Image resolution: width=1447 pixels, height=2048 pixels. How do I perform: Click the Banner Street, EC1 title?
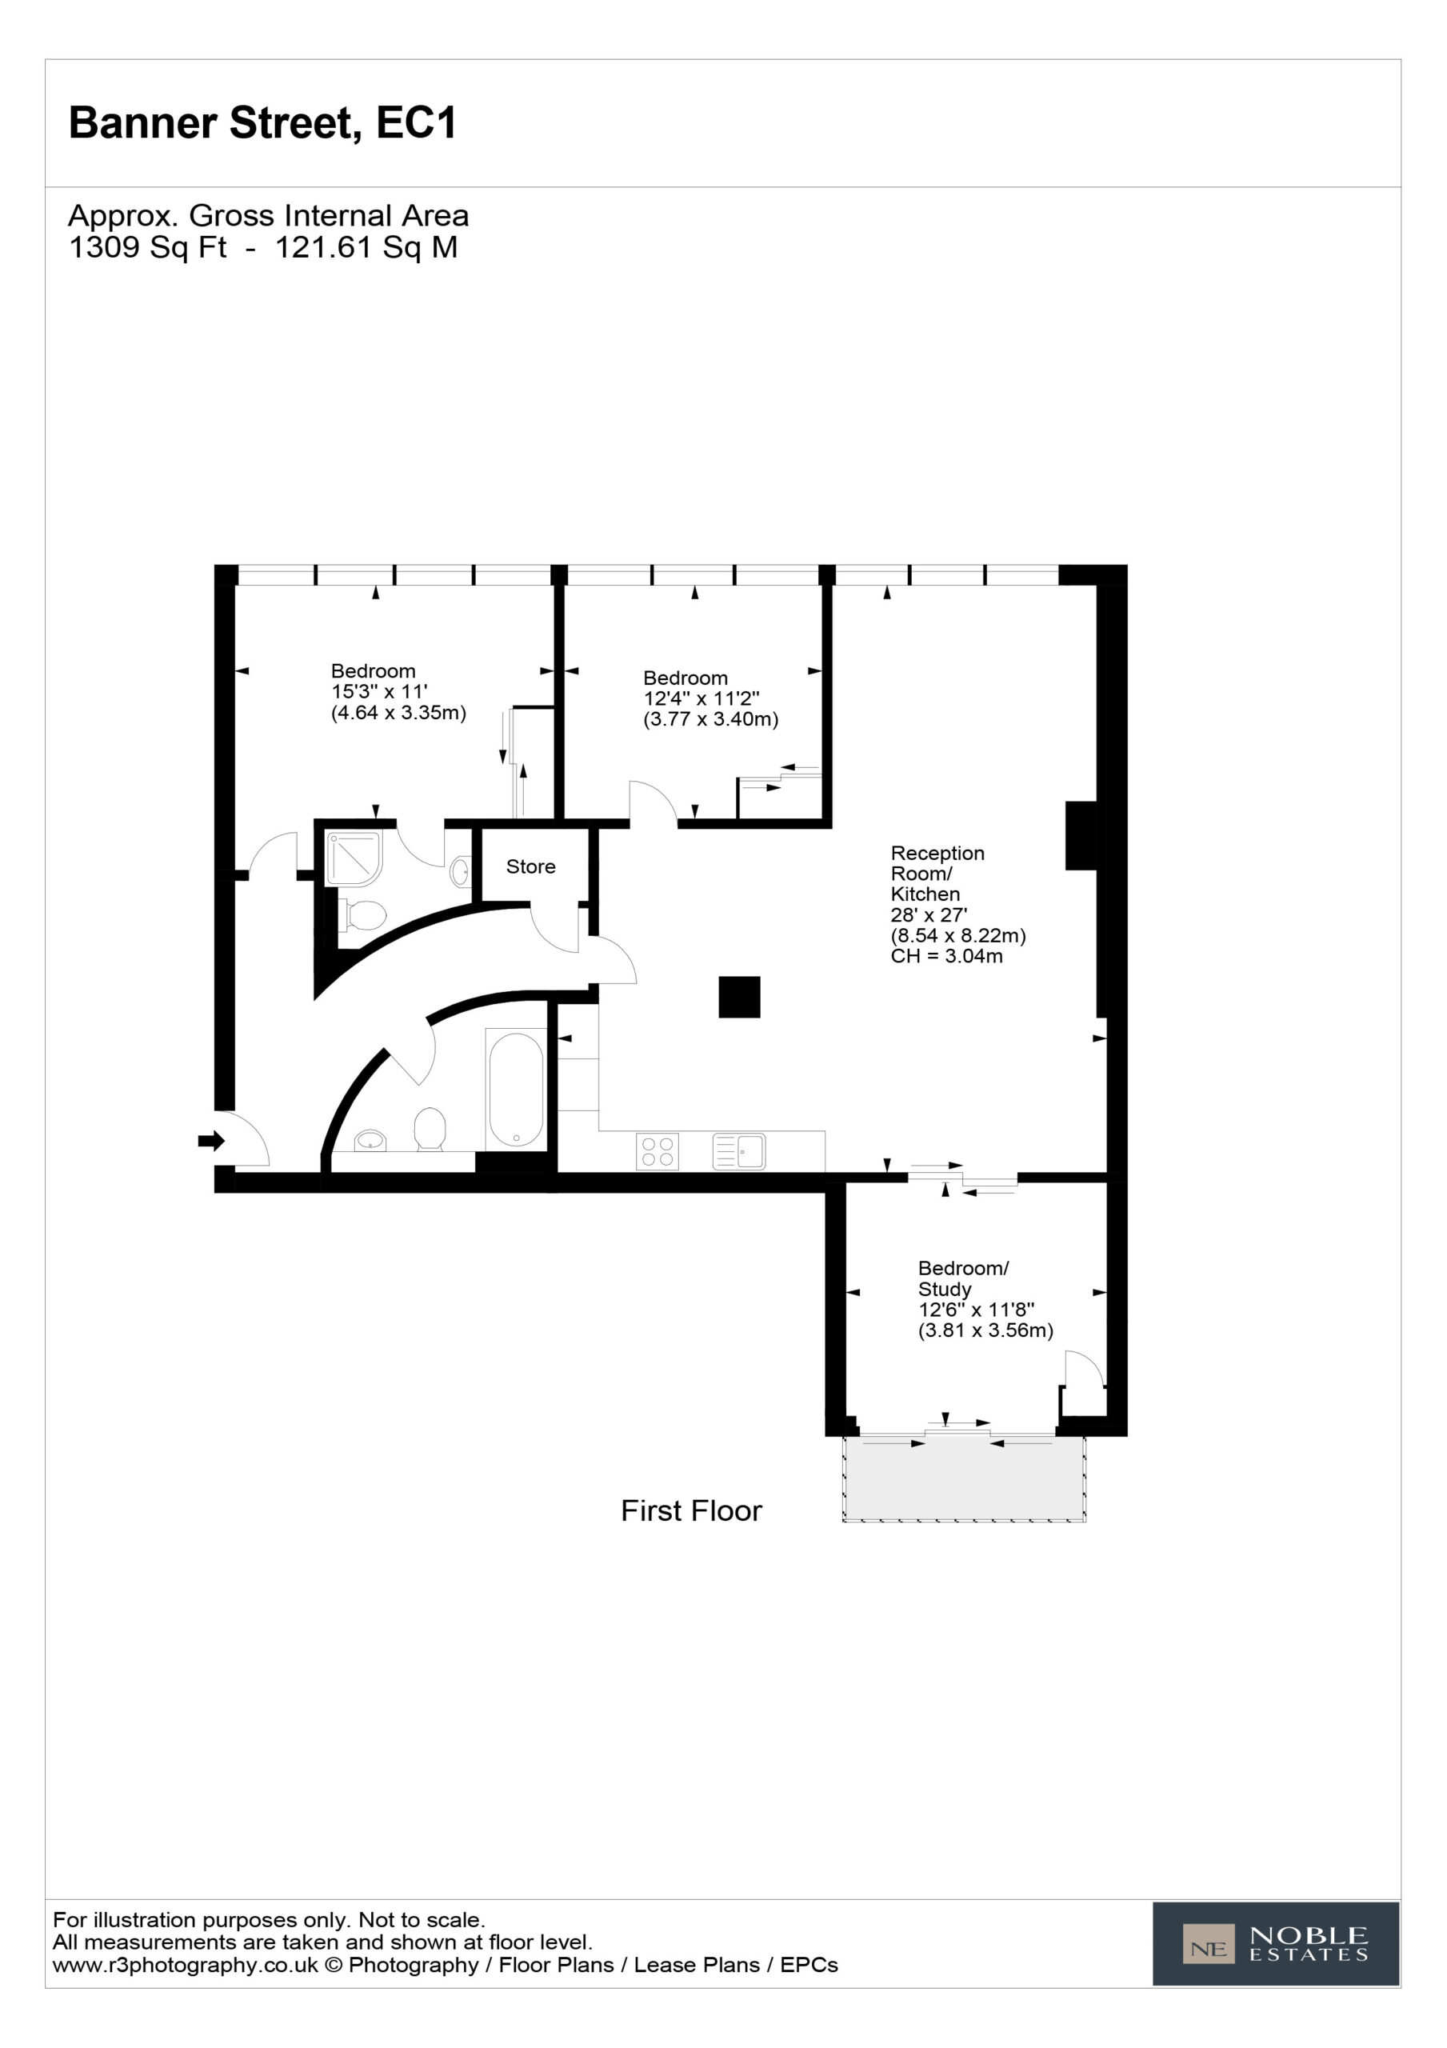coord(262,123)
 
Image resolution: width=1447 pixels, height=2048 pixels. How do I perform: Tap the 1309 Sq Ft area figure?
coord(148,247)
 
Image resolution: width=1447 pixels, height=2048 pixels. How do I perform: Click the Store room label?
coord(531,866)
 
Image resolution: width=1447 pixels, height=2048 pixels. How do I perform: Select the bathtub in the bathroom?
coord(516,1089)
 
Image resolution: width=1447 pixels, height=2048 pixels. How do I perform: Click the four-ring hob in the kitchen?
coord(658,1150)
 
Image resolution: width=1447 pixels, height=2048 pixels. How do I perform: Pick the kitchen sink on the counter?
coord(738,1150)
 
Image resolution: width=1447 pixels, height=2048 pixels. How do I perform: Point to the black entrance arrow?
coord(211,1140)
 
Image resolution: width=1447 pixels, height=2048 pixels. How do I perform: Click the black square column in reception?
coord(740,998)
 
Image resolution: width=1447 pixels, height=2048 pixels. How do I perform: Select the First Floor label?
coord(691,1511)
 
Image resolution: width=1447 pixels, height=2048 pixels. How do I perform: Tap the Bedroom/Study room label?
coord(964,1278)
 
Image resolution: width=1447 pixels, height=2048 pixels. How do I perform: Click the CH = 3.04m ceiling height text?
coord(946,956)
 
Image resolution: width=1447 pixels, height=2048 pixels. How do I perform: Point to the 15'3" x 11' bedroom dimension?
coord(379,691)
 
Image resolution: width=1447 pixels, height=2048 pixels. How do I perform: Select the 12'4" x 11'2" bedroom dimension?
coord(702,698)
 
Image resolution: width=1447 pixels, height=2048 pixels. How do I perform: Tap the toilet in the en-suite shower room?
coord(363,915)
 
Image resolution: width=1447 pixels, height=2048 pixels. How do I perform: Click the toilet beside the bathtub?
coord(430,1130)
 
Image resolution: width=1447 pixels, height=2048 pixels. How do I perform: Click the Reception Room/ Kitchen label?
coord(937,874)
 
